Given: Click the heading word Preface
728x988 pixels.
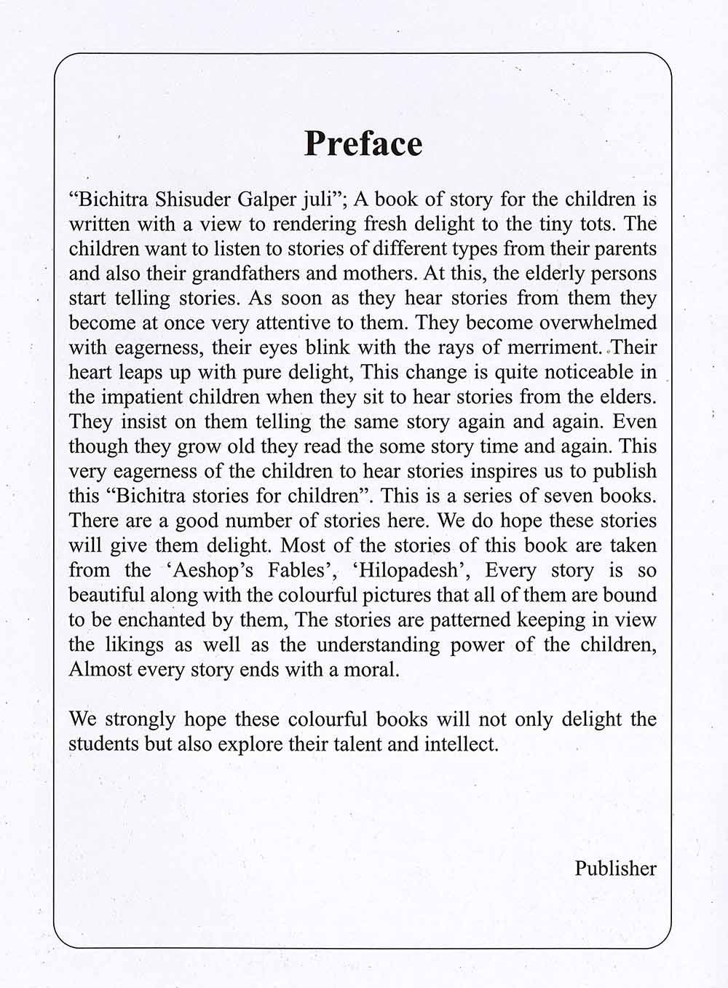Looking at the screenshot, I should tap(363, 143).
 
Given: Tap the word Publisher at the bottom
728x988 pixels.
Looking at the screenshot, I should tap(615, 869).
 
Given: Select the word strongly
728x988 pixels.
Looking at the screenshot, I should tap(137, 719).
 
